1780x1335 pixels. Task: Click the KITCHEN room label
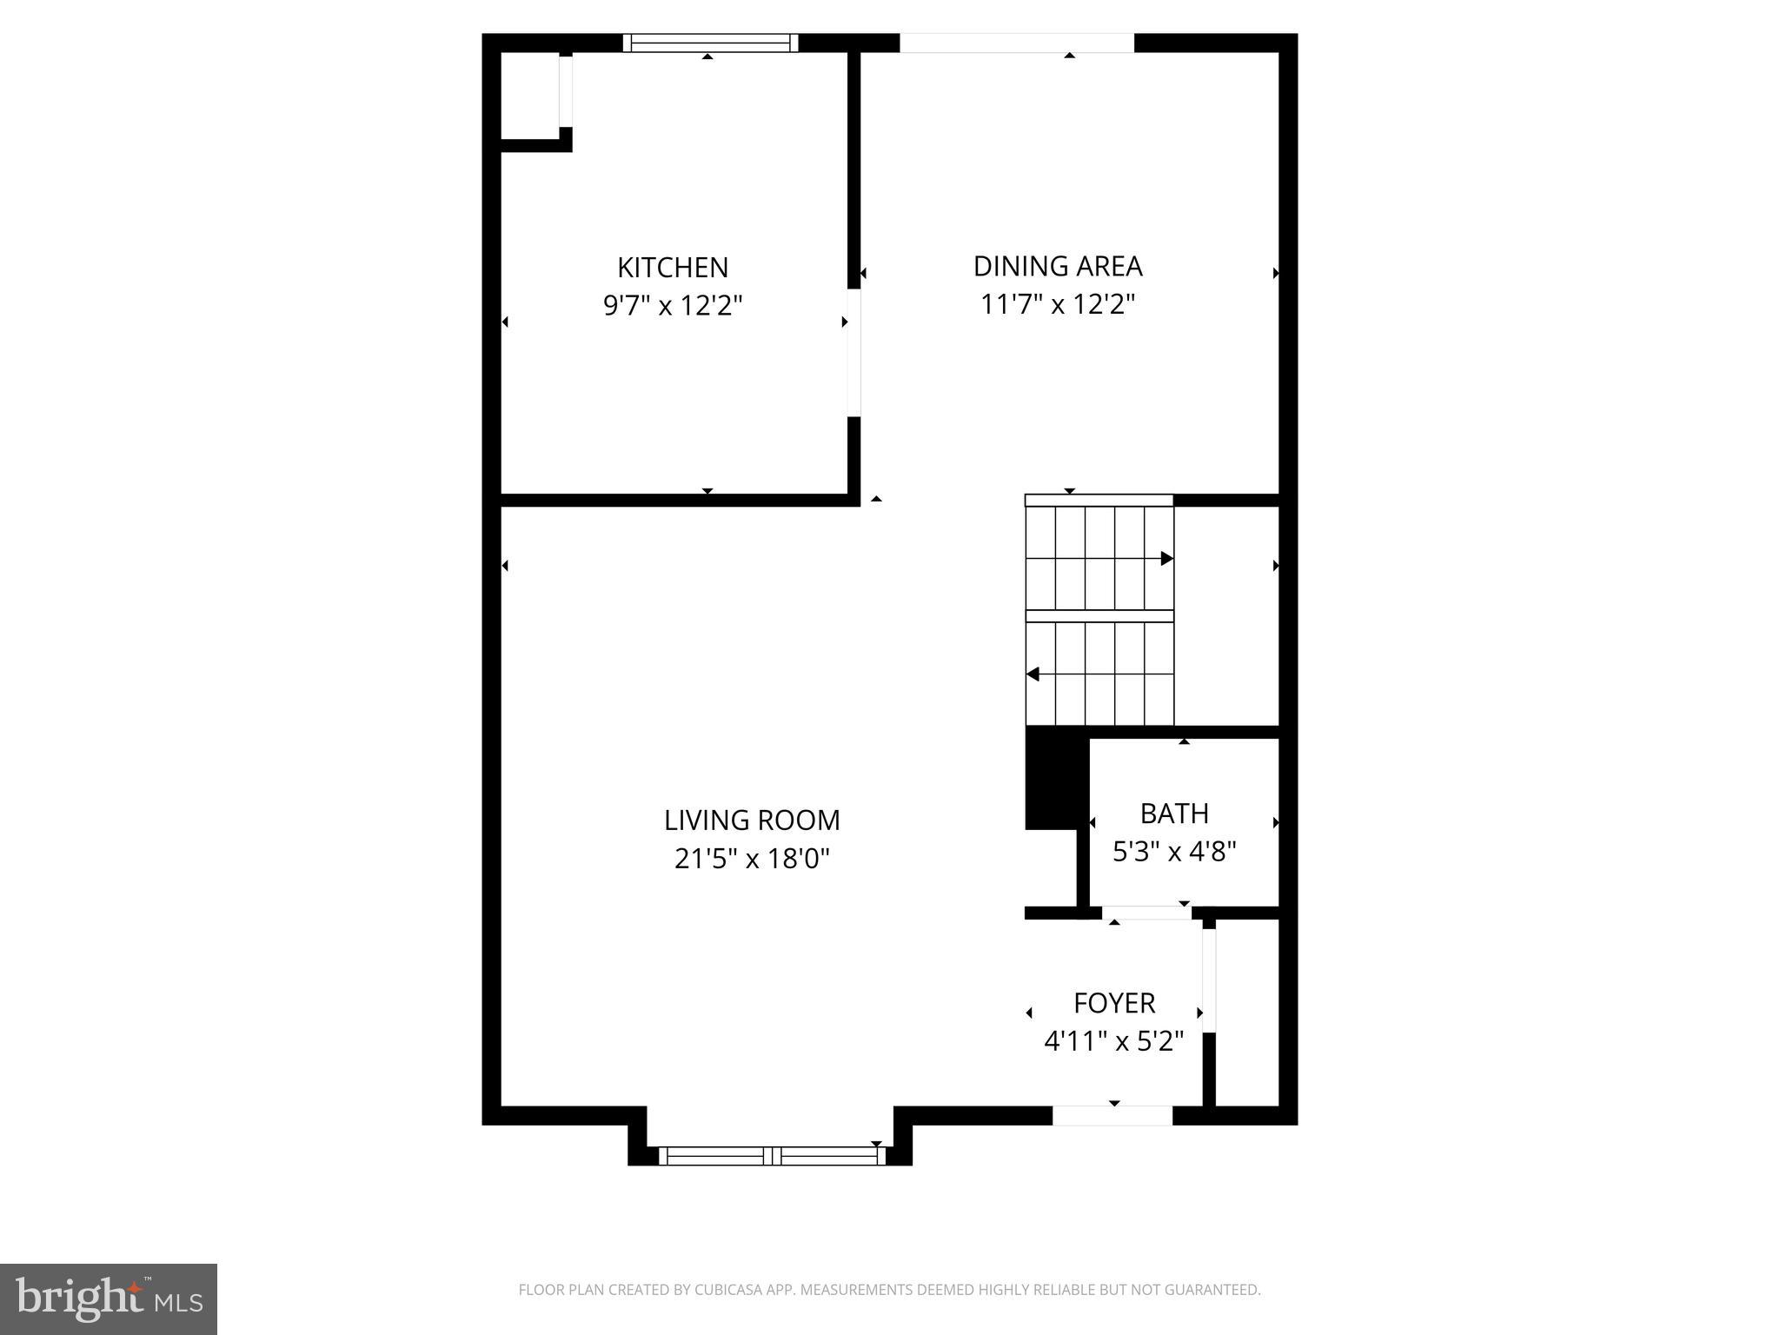tap(673, 267)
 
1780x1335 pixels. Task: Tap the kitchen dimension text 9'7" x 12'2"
tap(673, 306)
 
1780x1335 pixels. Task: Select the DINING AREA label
tap(1057, 266)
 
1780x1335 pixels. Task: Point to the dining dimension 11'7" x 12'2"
tap(1057, 305)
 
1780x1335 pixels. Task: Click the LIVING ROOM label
tap(752, 820)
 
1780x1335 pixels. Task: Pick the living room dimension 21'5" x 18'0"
tap(752, 859)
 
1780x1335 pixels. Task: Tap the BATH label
tap(1174, 814)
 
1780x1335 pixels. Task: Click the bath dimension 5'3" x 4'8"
tap(1174, 852)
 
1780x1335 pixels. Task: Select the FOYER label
tap(1114, 1003)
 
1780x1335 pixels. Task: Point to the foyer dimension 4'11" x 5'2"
tap(1113, 1041)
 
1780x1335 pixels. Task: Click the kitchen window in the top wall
tap(710, 43)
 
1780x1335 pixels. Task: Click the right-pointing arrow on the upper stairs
tap(1166, 558)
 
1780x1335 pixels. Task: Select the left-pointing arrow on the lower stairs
tap(1033, 674)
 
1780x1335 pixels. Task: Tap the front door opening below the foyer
tap(1112, 1115)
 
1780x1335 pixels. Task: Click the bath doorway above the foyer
tap(1146, 913)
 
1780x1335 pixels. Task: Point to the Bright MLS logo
tap(109, 1299)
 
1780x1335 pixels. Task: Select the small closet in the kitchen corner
tap(530, 96)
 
